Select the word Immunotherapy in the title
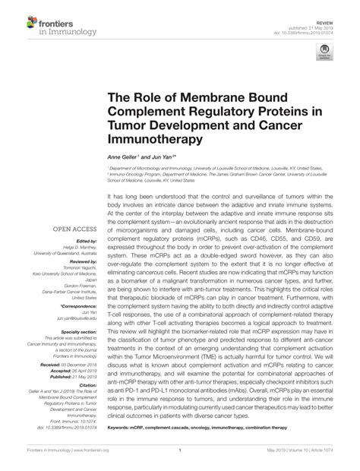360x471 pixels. click(153, 140)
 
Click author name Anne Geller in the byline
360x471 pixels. click(125, 156)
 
